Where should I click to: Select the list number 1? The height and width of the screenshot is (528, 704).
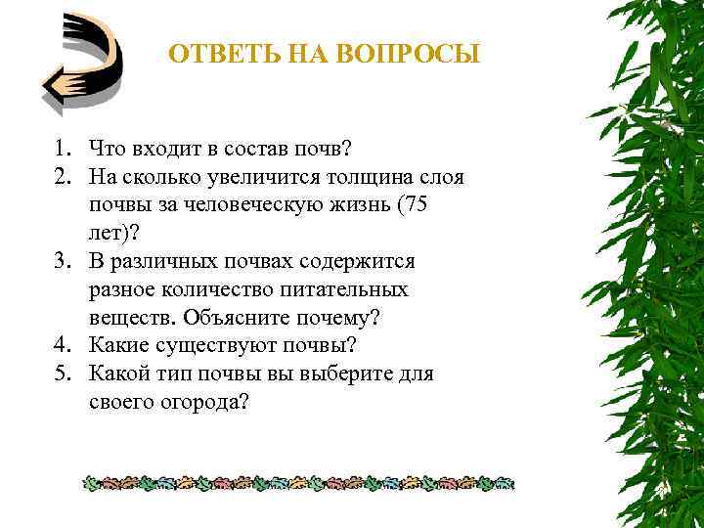pos(62,149)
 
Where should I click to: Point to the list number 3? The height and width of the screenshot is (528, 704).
pos(62,262)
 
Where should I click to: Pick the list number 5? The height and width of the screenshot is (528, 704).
pos(62,374)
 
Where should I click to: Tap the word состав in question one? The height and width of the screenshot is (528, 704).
pos(239,149)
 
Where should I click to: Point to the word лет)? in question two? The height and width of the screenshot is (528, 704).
pos(112,234)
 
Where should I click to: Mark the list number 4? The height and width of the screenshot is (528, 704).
pos(62,345)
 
